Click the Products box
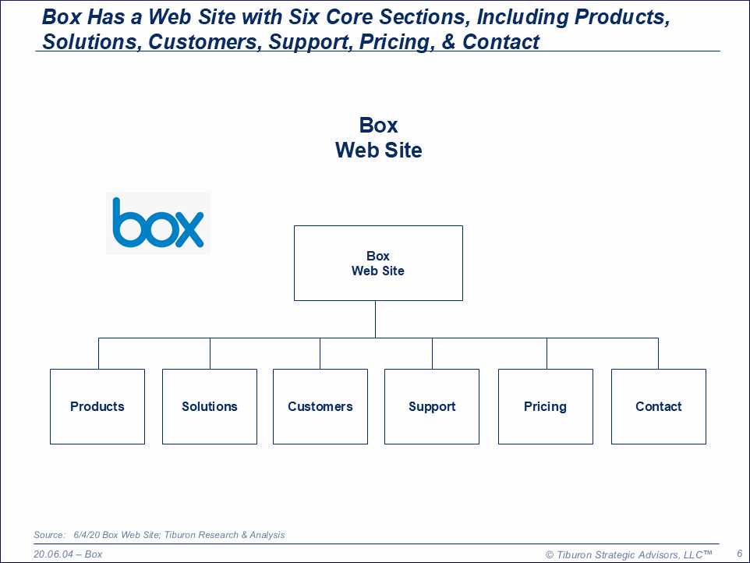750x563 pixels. tap(97, 406)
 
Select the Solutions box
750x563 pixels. tap(210, 406)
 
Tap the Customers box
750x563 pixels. tap(320, 406)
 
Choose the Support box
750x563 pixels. tap(432, 406)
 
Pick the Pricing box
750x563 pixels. tap(546, 406)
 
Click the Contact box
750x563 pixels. tap(659, 406)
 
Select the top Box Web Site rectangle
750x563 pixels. tap(378, 264)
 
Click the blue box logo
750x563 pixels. tap(158, 223)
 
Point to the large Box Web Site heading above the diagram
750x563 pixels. tap(379, 137)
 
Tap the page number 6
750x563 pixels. tap(739, 553)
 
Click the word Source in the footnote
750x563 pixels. tap(49, 535)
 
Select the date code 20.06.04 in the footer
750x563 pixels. tap(55, 554)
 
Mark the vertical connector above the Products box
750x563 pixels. tap(98, 353)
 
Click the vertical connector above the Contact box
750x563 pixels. tap(659, 353)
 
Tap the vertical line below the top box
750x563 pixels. tap(376, 319)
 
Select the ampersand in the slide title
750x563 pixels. tap(448, 42)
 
